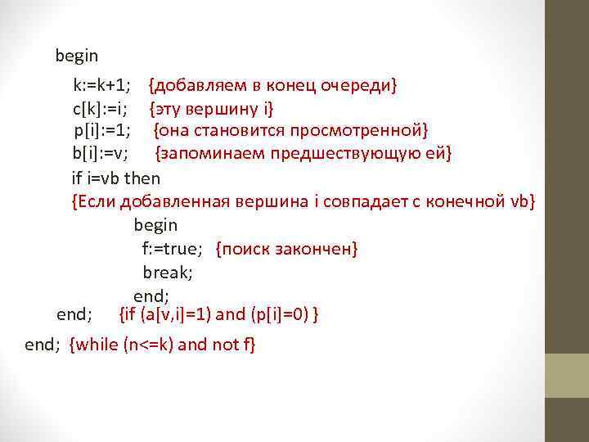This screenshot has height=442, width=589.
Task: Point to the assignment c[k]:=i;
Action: click(99, 108)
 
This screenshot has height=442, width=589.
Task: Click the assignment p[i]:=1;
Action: click(102, 131)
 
